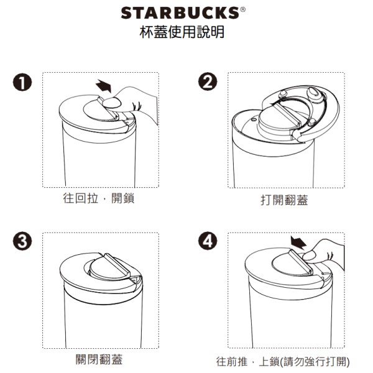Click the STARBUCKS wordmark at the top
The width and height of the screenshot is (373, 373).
click(x=180, y=13)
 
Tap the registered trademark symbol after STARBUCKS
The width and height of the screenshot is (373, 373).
click(x=242, y=9)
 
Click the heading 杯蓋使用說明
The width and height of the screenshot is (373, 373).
click(x=182, y=32)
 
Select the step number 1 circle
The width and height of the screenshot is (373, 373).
click(x=22, y=82)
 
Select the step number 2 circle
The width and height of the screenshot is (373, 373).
click(x=208, y=81)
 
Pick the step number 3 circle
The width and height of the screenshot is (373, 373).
click(x=22, y=241)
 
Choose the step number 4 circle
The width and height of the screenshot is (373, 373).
click(x=208, y=241)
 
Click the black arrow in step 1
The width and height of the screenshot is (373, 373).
click(x=104, y=86)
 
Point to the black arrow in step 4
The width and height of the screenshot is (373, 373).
click(x=298, y=242)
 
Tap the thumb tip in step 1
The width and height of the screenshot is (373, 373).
click(x=112, y=103)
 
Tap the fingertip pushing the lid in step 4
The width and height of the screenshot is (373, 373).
click(x=309, y=256)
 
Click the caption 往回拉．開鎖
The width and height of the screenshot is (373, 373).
click(x=99, y=198)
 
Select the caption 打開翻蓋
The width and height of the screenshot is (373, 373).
click(x=284, y=200)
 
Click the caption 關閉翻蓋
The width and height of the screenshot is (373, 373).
click(x=99, y=359)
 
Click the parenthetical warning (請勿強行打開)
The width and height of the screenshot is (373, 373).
click(x=315, y=362)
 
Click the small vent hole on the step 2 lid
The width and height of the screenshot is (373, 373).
click(x=253, y=119)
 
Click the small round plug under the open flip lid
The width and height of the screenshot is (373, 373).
click(x=283, y=93)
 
